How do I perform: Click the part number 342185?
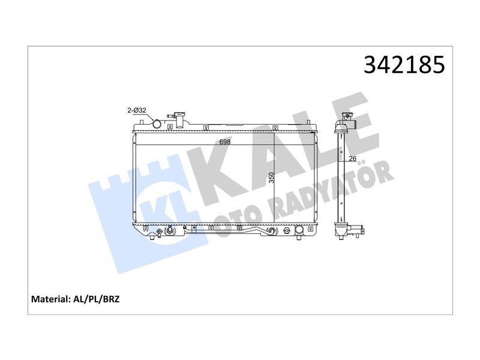404,65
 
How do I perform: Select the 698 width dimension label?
225,142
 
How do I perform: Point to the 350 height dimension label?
272,178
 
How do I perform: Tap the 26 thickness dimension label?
353,158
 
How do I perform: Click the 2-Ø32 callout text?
137,110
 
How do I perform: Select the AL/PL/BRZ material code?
97,299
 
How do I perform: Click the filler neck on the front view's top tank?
178,119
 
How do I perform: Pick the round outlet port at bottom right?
299,230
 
